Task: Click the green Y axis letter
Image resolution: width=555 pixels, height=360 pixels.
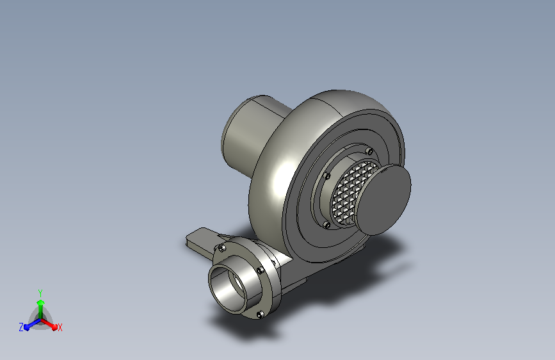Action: (40, 293)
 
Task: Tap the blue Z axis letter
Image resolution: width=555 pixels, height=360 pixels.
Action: (21, 327)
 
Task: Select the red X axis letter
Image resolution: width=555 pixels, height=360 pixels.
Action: (60, 327)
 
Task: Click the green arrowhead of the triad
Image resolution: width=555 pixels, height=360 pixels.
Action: (40, 302)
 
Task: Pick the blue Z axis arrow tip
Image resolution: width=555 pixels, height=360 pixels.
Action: (26, 327)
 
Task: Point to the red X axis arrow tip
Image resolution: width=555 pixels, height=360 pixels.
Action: (54, 327)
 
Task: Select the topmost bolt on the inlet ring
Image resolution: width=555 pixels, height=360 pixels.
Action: (369, 152)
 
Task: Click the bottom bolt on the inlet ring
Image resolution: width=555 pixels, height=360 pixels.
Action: (326, 225)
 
